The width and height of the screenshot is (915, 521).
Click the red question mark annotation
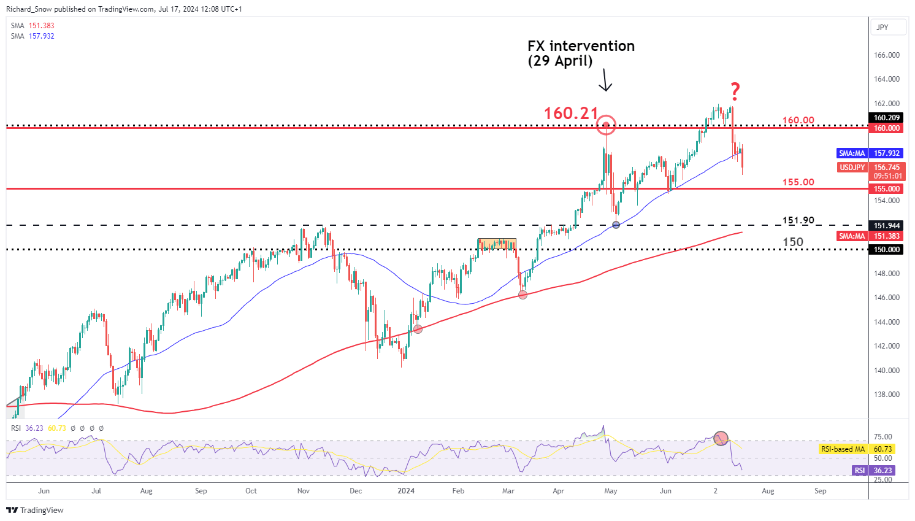pos(735,92)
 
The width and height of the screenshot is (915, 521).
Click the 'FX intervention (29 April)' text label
pos(581,53)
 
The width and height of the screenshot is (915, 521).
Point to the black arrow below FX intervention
pos(605,80)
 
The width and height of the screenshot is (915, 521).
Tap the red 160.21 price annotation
pos(571,113)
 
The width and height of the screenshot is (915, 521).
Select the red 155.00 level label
pos(798,182)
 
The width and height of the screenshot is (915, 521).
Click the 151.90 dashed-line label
pos(798,220)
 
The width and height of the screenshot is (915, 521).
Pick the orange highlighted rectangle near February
pos(497,244)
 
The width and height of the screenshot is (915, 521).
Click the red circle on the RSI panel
pos(721,438)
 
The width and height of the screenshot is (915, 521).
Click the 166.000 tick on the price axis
pos(886,55)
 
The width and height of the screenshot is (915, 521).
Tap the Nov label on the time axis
pos(303,491)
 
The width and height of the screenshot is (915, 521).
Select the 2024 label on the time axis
pos(406,491)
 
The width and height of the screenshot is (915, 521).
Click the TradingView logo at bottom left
pos(35,510)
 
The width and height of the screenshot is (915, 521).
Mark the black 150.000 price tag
pos(887,250)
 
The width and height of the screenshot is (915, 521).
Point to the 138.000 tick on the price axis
pos(886,395)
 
